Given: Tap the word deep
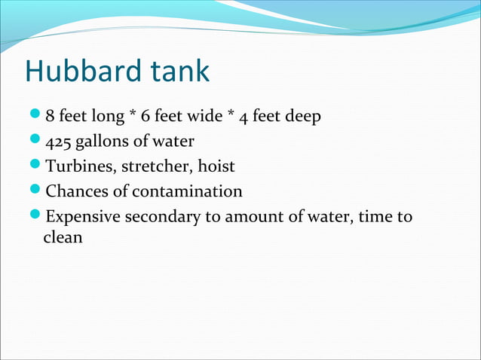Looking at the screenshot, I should [306, 117].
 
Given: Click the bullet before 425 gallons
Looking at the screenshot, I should [38, 141].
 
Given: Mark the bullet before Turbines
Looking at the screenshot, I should [38, 166].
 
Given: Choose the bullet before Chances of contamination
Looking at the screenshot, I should [38, 191].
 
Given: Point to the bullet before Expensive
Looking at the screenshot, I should [38, 216].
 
